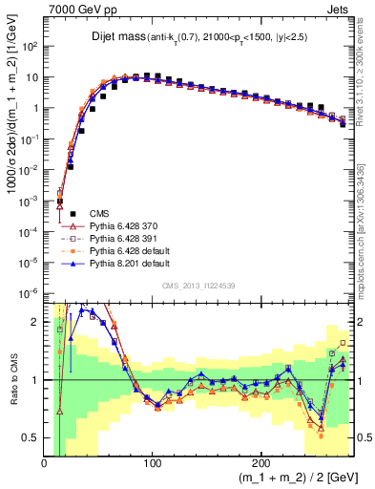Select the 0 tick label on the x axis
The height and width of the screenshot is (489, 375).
coord(45,462)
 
